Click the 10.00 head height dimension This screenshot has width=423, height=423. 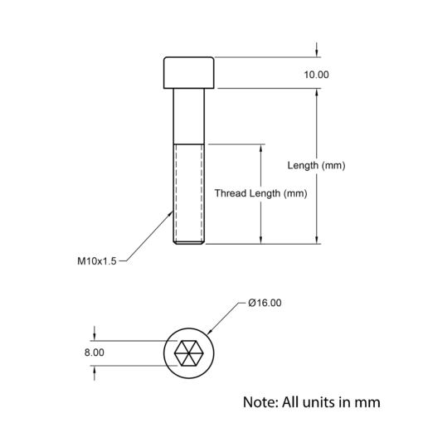(316, 75)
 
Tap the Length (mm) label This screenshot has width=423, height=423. (316, 165)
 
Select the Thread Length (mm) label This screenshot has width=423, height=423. (260, 193)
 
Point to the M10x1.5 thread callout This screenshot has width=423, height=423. (97, 261)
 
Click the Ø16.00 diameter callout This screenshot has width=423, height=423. (265, 303)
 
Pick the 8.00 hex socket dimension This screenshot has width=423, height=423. (95, 352)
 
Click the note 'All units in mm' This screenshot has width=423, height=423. (312, 402)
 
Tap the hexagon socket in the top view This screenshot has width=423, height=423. (189, 353)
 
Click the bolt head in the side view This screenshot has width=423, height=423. (189, 73)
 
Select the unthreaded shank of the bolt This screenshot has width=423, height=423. (189, 116)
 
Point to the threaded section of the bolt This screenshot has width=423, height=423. (189, 192)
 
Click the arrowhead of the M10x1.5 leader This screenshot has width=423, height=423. (171, 213)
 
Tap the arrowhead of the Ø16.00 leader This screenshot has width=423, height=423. (209, 332)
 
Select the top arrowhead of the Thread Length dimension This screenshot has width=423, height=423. (260, 148)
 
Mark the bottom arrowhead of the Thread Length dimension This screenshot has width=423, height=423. (260, 240)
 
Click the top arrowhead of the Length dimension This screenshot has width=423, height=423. (317, 93)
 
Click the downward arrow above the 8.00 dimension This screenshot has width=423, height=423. (95, 333)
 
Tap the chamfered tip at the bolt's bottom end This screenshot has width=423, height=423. (189, 243)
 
